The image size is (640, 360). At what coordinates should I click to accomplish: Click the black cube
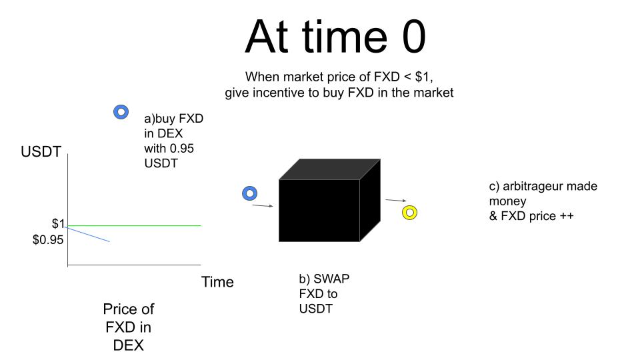[x=329, y=200]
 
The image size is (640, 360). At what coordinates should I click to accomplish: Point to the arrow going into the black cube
[x=263, y=206]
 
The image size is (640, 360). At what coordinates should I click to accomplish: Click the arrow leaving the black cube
[x=396, y=201]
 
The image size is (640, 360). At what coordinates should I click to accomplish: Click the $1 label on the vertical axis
[x=58, y=224]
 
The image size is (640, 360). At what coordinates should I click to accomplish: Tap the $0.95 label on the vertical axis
[x=48, y=240]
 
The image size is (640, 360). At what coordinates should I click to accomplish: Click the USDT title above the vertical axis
[x=41, y=152]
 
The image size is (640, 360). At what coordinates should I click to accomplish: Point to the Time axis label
[x=217, y=282]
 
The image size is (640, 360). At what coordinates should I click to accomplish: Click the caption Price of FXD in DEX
[x=129, y=327]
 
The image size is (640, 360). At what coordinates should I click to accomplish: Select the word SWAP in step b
[x=331, y=279]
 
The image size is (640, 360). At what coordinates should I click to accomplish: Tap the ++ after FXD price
[x=567, y=216]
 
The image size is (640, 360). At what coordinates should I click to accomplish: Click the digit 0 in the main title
[x=414, y=37]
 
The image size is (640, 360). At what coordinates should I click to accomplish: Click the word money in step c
[x=508, y=201]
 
